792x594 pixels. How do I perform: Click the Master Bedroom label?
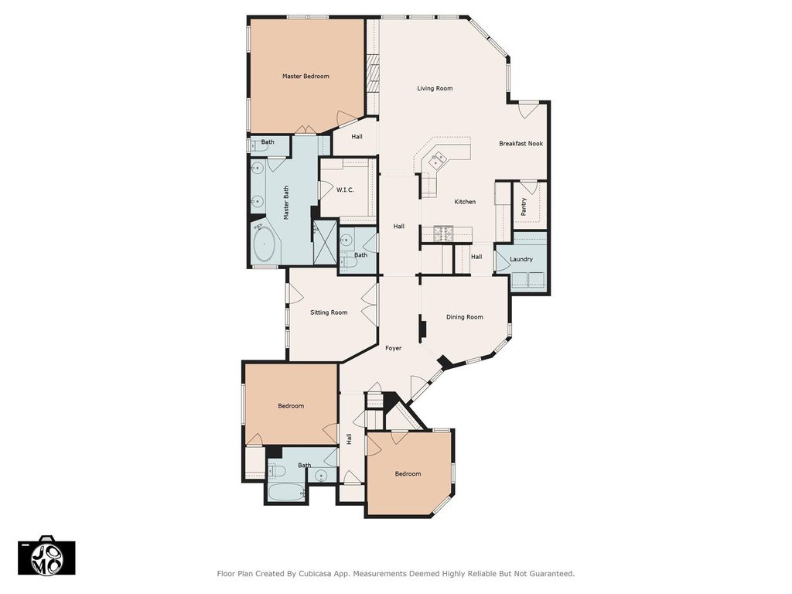tap(306, 77)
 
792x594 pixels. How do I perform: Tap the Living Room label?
tap(435, 88)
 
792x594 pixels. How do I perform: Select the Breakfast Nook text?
tap(521, 143)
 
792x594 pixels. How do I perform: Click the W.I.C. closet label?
tap(345, 190)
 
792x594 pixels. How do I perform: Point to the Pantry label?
tap(524, 207)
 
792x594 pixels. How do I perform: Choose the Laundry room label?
tap(521, 259)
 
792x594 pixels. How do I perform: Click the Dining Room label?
tap(465, 317)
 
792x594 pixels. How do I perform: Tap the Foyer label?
tap(394, 348)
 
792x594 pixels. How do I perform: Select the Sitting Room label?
tap(329, 312)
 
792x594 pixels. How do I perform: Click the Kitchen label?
tap(465, 202)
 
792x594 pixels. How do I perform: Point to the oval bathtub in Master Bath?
tap(264, 245)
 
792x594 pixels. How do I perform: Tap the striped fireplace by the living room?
tap(374, 73)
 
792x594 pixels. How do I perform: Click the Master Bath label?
tap(286, 203)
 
